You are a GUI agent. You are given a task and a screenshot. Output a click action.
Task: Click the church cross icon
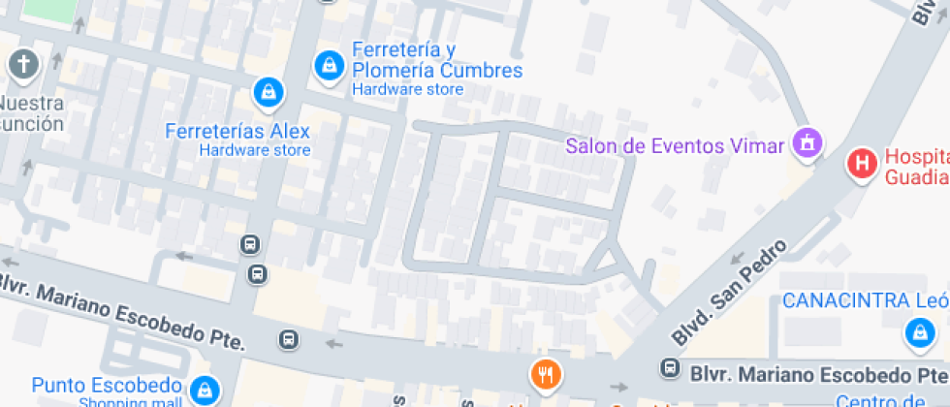pos(23,66)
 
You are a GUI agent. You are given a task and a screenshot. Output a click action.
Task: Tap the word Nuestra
pos(31,104)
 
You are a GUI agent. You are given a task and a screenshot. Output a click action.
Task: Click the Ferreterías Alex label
pos(237,132)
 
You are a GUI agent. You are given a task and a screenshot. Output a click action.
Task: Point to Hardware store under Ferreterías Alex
pos(255,150)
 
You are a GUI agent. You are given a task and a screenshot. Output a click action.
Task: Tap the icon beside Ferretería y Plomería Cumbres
pos(331,66)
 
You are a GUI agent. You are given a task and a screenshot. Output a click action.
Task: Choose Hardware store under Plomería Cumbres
pos(407,89)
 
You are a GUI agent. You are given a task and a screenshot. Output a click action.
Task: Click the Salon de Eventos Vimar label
pos(674,146)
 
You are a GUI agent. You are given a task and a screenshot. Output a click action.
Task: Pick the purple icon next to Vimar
pos(807,144)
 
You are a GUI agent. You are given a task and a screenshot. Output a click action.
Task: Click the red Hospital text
pos(915,158)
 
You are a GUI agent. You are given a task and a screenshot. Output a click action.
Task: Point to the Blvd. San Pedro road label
pos(715,295)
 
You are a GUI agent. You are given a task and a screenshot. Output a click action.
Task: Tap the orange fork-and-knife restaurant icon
pos(546,373)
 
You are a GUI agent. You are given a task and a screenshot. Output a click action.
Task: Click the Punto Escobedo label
pos(107,385)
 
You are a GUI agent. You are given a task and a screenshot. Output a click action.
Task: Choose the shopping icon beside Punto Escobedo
pos(205,390)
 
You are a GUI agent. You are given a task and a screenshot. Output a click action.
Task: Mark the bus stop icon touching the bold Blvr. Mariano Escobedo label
pos(669,368)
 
